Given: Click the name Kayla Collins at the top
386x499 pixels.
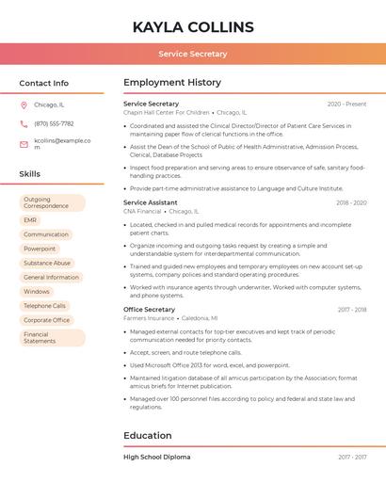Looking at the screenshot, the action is [x=193, y=26].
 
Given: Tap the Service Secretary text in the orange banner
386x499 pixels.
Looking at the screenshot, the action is [x=193, y=55].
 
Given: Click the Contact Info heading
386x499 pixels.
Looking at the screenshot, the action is [x=43, y=83].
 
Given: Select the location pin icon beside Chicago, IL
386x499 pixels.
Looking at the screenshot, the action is [x=24, y=105].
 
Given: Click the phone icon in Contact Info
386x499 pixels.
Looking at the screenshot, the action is [x=24, y=123].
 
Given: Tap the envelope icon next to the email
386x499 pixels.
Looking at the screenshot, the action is [x=24, y=143].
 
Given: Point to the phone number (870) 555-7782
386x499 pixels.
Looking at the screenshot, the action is [x=54, y=123].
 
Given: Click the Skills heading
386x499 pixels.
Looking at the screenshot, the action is [x=30, y=174].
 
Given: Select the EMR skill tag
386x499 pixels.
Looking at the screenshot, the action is [x=31, y=220].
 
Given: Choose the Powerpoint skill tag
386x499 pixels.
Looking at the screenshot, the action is [x=40, y=249].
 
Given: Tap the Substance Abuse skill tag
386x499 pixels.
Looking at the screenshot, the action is [x=47, y=263].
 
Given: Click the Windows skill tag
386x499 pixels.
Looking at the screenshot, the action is [x=37, y=292].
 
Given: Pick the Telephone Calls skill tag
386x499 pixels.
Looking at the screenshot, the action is [x=45, y=306].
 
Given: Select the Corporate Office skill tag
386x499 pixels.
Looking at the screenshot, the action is [x=47, y=320].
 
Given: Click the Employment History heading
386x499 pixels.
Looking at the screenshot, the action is [x=172, y=83].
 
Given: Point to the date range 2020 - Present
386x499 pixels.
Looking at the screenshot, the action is [x=346, y=104].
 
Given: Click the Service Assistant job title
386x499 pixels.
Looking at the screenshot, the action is [x=151, y=202].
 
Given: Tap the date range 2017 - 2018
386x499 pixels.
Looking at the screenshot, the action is [x=351, y=310].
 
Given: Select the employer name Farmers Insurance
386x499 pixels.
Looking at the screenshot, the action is [x=149, y=318].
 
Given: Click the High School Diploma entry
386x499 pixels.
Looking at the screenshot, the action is [x=156, y=457].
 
